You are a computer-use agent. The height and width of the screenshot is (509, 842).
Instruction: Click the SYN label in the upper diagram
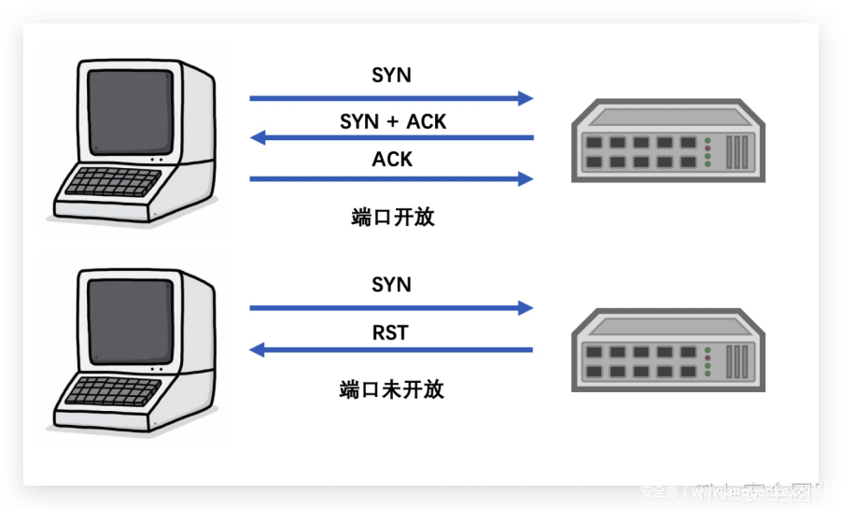click(x=391, y=76)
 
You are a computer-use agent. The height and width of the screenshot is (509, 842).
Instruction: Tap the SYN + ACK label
click(x=392, y=121)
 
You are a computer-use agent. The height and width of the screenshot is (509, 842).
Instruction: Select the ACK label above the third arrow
click(x=392, y=160)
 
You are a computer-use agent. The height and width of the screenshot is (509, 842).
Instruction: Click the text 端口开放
click(x=392, y=218)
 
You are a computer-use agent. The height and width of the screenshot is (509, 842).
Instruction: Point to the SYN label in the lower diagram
click(x=391, y=285)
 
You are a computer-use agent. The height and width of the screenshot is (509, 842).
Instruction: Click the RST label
click(x=390, y=332)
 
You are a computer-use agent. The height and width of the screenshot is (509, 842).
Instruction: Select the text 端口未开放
click(x=391, y=389)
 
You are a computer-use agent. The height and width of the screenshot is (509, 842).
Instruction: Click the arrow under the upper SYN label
click(x=391, y=97)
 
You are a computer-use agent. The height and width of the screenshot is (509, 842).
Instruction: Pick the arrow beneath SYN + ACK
click(x=392, y=138)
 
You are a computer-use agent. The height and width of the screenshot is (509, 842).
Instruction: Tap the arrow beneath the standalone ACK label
click(x=391, y=178)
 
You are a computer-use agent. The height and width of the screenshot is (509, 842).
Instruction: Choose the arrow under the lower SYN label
click(x=391, y=307)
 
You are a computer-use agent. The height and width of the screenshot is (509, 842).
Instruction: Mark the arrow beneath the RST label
click(x=392, y=350)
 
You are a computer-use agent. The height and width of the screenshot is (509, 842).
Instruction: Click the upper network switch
click(x=667, y=145)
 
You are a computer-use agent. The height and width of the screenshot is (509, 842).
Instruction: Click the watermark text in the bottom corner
click(x=734, y=491)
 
